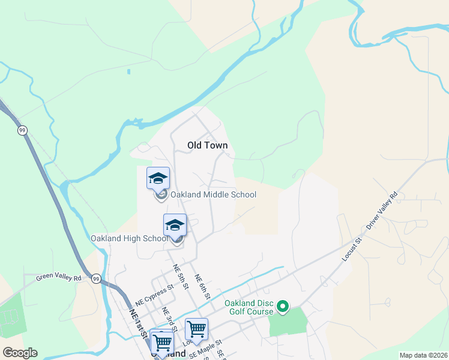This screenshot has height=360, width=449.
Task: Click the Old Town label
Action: pyautogui.click(x=207, y=145)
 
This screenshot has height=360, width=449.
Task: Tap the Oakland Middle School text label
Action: pyautogui.click(x=213, y=194)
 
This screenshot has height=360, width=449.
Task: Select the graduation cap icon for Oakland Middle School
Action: pyautogui.click(x=158, y=178)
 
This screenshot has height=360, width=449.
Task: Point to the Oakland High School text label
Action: pyautogui.click(x=129, y=238)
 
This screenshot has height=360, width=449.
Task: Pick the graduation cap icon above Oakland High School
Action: pyautogui.click(x=175, y=224)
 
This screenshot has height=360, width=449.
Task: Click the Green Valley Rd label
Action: pyautogui.click(x=58, y=278)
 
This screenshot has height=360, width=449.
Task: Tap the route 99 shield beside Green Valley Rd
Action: pyautogui.click(x=95, y=278)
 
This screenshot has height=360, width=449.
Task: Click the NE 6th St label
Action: pyautogui.click(x=202, y=287)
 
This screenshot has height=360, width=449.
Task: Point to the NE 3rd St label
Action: pyautogui.click(x=169, y=320)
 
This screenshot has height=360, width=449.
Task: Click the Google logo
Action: pyautogui.click(x=20, y=353)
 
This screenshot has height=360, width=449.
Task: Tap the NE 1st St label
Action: pyautogui.click(x=138, y=322)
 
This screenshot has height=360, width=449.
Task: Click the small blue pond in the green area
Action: pyautogui.click(x=128, y=72)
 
